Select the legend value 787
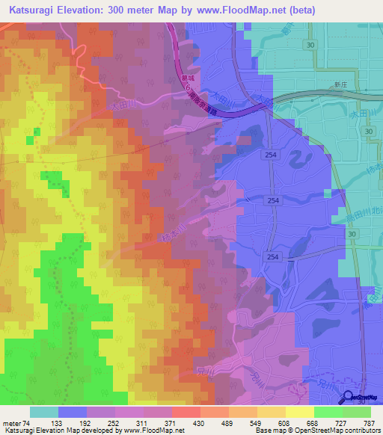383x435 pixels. (369, 423)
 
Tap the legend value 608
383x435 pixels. (286, 423)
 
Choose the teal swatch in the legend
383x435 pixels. (43, 412)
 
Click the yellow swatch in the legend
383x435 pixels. (301, 412)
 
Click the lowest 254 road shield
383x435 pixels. (273, 256)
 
